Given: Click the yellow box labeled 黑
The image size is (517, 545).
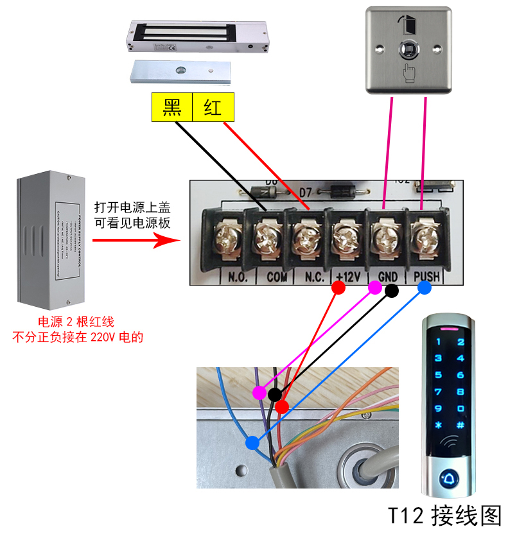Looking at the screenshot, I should click(x=172, y=107).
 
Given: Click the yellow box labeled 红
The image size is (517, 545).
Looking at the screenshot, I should click(x=213, y=107).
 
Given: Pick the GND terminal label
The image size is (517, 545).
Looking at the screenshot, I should click(x=388, y=277).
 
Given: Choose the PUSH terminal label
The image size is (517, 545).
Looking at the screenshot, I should click(x=427, y=277).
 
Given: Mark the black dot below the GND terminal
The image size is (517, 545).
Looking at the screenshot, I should click(x=391, y=290).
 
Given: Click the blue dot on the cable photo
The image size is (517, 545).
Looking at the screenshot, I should click(x=252, y=442).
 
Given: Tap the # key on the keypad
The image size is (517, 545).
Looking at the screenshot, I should click(x=460, y=425).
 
